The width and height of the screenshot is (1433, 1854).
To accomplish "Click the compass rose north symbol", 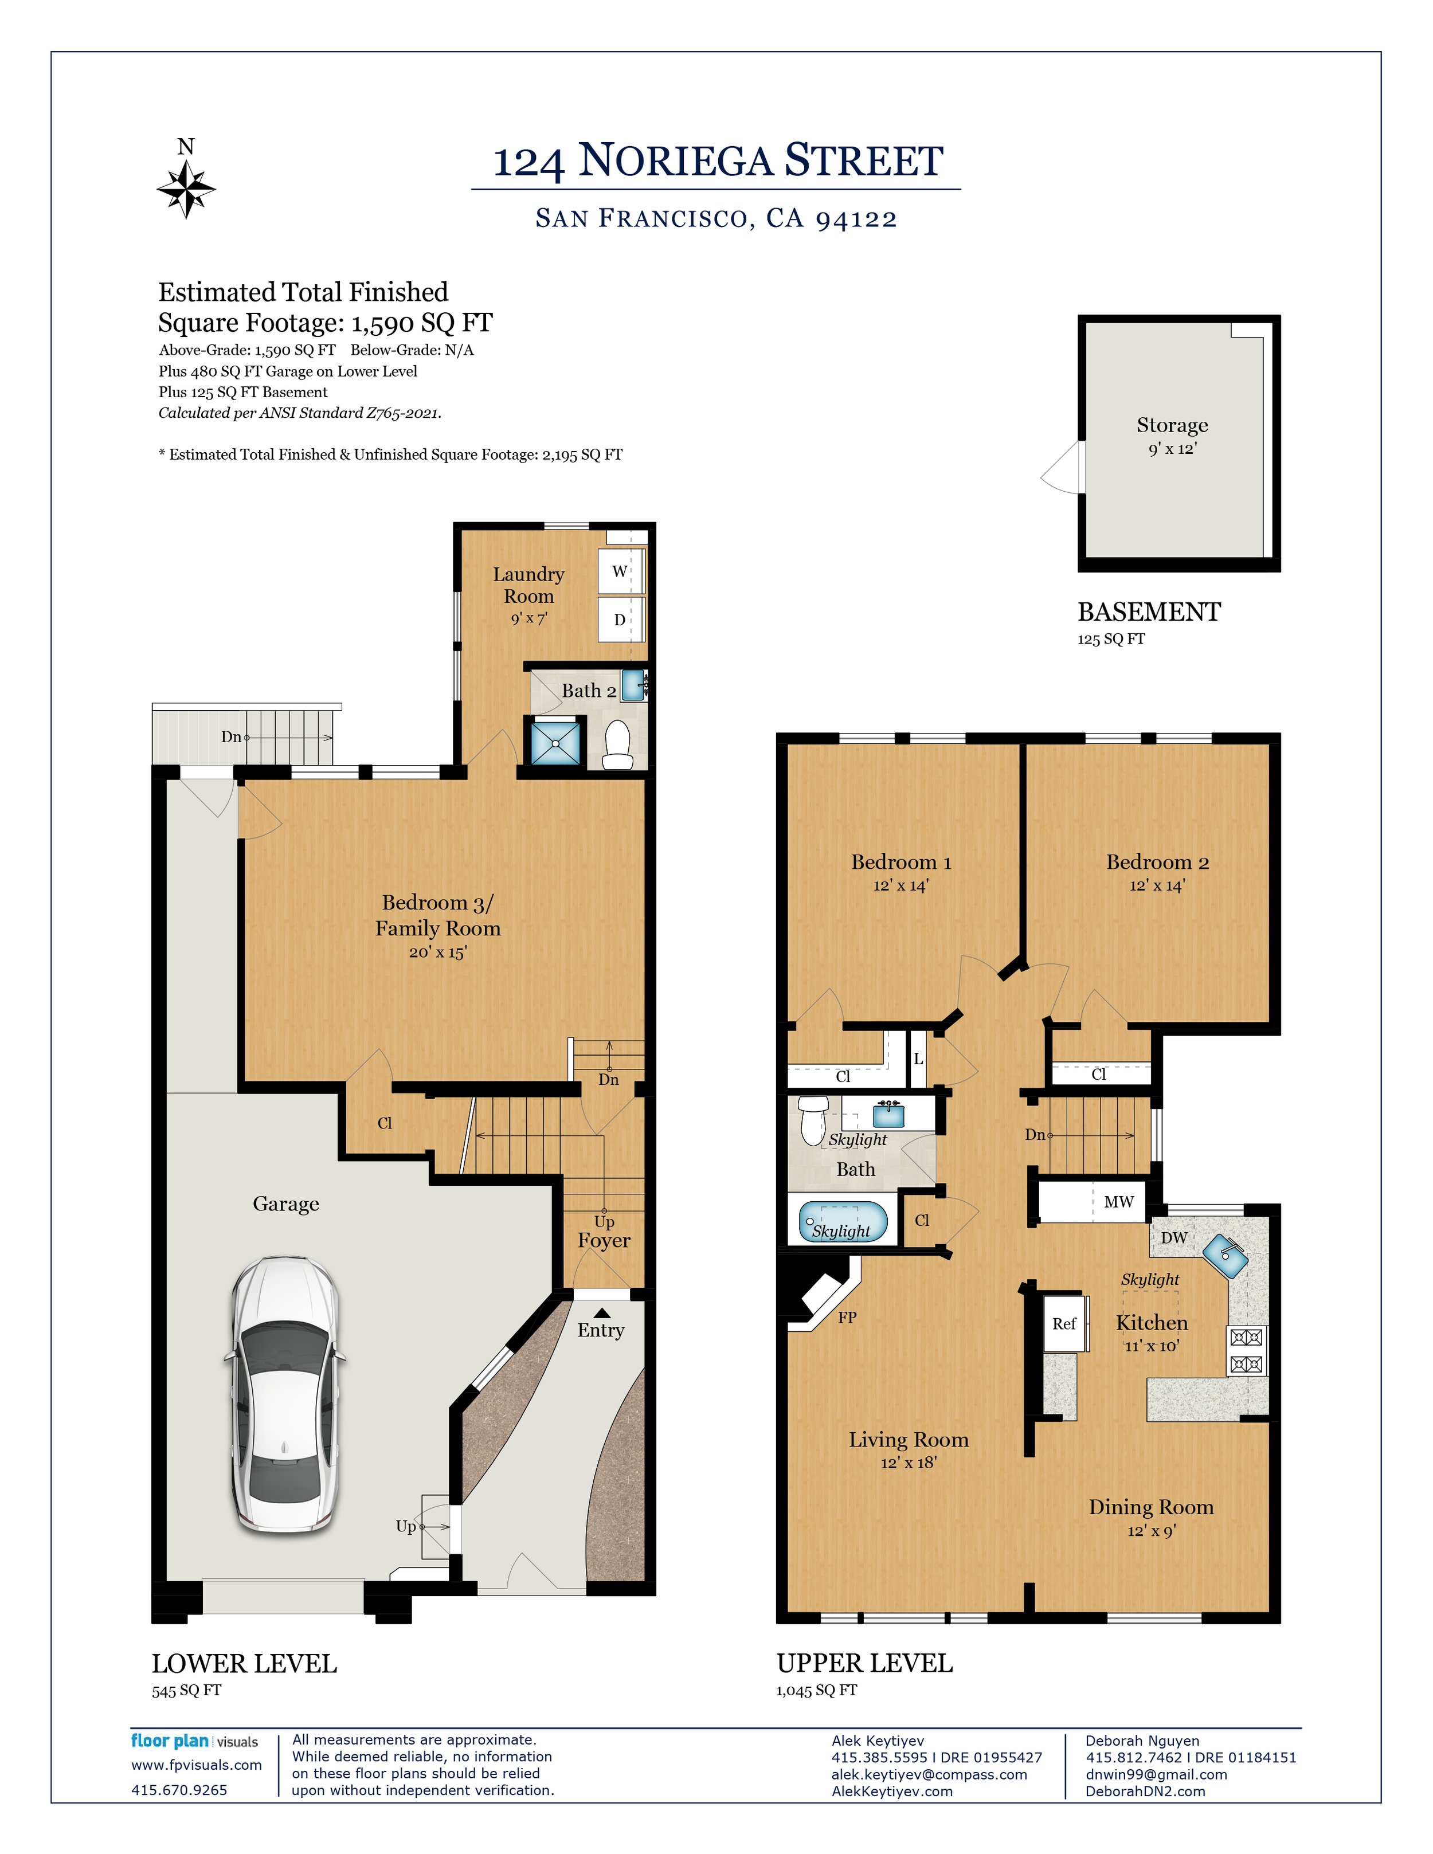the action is pos(186,189).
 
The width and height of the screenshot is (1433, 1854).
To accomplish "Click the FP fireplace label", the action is pos(847,1318).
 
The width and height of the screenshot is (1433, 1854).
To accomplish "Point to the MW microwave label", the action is pos(1119,1201).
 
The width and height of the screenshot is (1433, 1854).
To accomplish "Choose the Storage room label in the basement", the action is pos(1172,425).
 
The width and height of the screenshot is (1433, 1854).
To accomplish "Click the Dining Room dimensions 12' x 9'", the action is pos(1151,1531).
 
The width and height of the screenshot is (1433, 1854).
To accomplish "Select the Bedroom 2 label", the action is pos(1157,863).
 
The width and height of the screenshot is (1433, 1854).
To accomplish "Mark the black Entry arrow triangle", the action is pos(601,1313).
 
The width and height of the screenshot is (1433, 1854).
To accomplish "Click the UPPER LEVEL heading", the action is pos(865,1663).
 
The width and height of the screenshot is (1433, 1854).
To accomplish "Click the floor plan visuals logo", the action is pos(194,1741).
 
